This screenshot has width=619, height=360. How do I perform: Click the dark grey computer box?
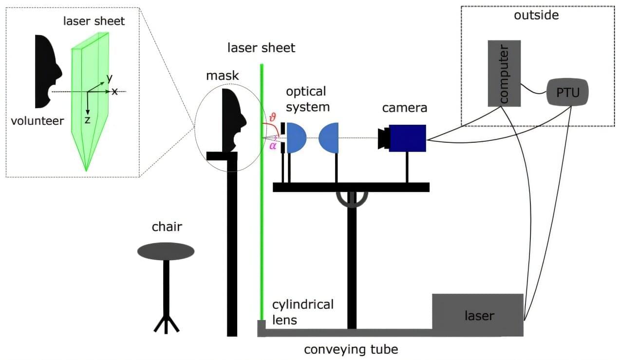504,73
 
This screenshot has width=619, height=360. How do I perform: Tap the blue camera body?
408,138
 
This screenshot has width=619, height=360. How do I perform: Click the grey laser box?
477,315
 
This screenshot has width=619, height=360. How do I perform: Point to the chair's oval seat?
166,251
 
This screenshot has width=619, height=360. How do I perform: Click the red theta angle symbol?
272,117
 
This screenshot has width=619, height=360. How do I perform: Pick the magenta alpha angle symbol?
273,146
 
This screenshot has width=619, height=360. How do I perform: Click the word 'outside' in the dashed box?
536,15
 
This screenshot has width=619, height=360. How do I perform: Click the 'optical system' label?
305,99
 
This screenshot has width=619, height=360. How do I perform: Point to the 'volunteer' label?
38,120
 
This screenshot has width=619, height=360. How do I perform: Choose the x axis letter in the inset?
115,91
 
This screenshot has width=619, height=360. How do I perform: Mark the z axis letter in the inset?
87,119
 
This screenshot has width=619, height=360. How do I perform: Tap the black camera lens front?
383,138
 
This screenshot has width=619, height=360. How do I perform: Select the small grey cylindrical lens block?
262,328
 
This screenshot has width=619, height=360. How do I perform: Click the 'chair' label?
166,227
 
